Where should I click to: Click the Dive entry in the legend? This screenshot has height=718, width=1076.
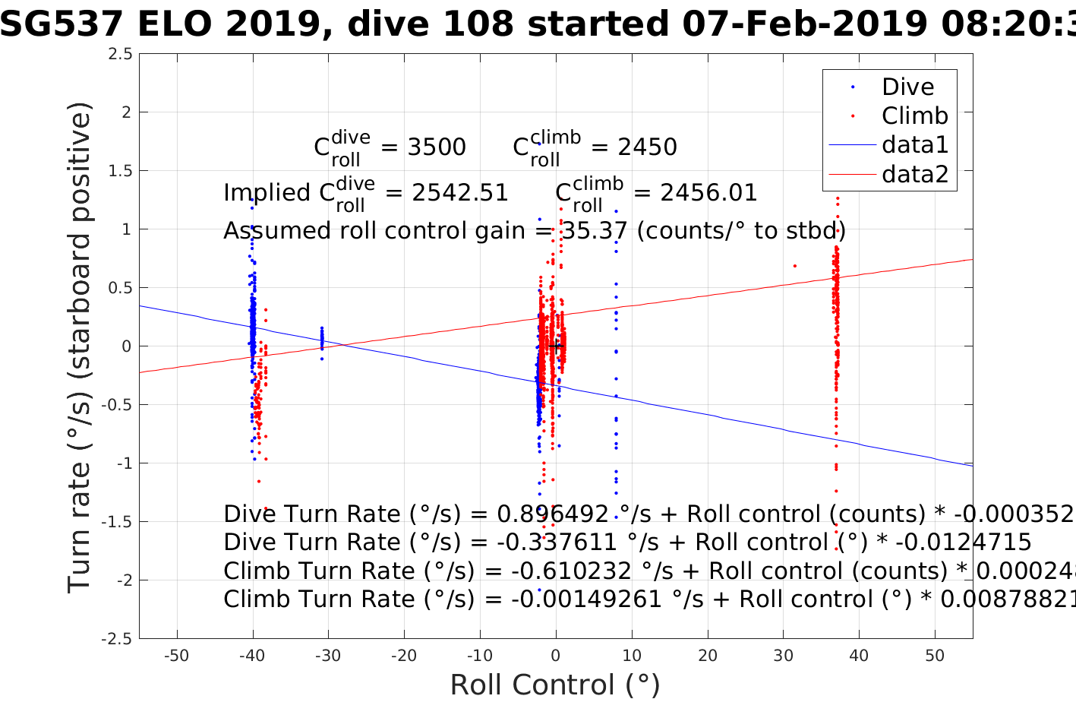[907, 87]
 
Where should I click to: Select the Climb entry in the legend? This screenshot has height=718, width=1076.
[914, 116]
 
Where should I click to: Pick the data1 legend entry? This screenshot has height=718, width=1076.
[914, 145]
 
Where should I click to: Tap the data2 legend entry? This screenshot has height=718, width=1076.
[914, 175]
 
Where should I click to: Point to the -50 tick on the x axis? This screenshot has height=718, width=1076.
[176, 656]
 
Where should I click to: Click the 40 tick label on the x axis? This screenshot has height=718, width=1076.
[859, 656]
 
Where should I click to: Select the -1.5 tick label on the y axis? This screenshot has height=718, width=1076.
[117, 522]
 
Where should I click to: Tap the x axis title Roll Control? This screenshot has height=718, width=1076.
[555, 685]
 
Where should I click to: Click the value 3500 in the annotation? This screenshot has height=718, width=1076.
[437, 147]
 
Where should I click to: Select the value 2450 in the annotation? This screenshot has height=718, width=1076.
[647, 147]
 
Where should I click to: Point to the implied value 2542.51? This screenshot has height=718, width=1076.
[460, 193]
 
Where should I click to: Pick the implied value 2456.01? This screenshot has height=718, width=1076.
[708, 193]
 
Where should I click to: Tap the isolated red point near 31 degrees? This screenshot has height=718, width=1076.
[795, 266]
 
